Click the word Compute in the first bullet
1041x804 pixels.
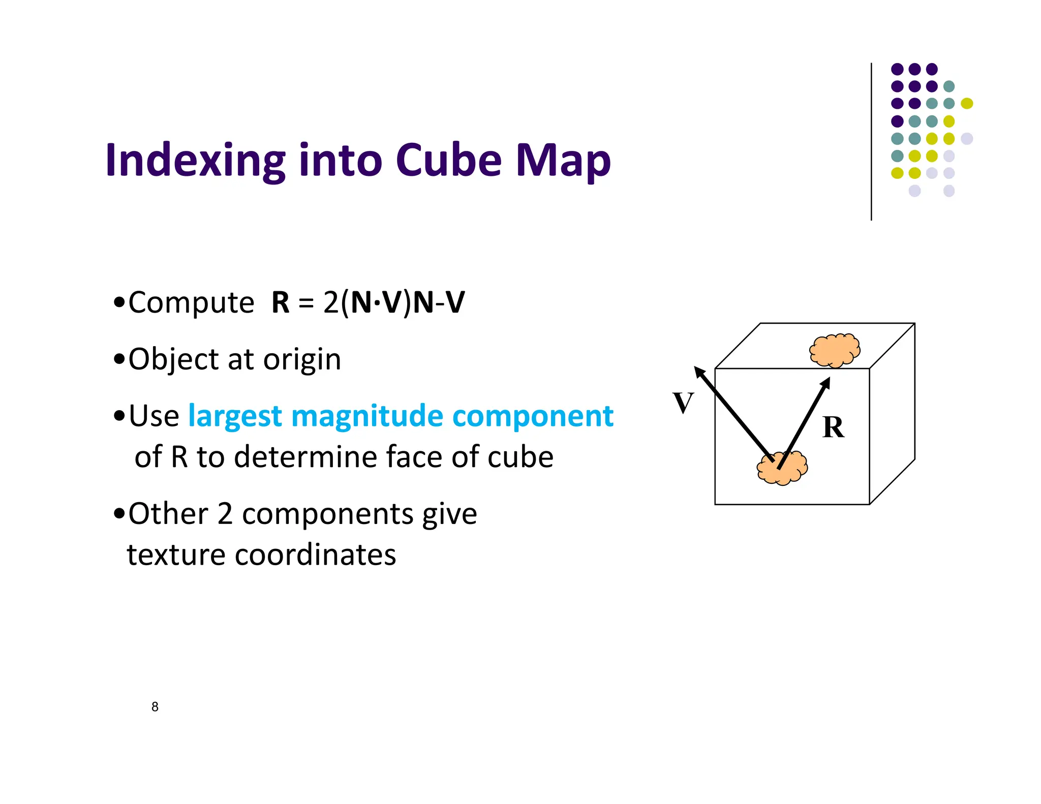click(x=191, y=303)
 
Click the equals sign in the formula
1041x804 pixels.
click(x=306, y=303)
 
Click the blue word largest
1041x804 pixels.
click(x=235, y=417)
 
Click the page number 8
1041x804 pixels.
click(x=155, y=706)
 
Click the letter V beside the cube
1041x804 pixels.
click(x=683, y=403)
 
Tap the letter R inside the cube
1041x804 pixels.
click(x=833, y=427)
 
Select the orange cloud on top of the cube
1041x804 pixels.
click(x=835, y=350)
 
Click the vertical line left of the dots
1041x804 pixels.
click(x=871, y=142)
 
